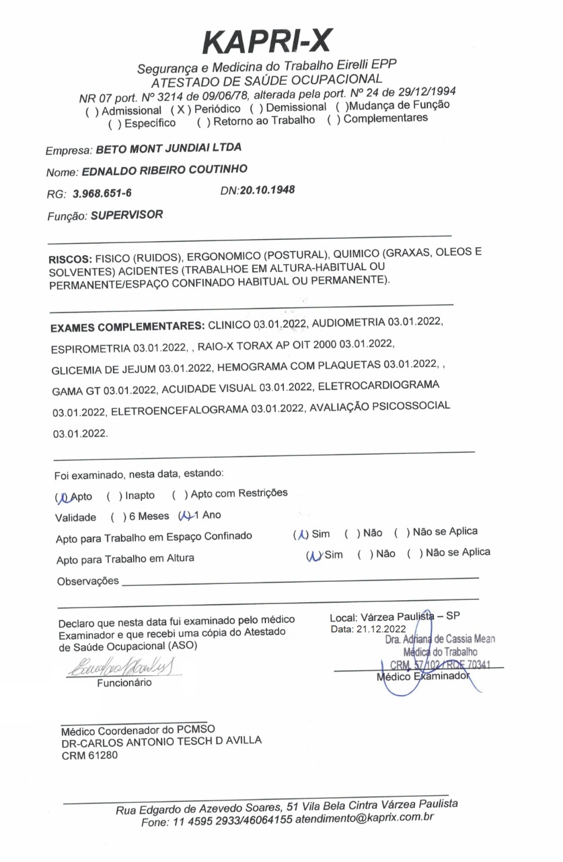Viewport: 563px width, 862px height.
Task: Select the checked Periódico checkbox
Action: [x=178, y=109]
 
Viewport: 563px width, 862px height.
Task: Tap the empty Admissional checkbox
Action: [x=89, y=110]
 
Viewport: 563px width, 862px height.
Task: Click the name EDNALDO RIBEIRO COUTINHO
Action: [x=164, y=170]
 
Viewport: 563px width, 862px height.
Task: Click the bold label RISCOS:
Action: [x=70, y=259]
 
